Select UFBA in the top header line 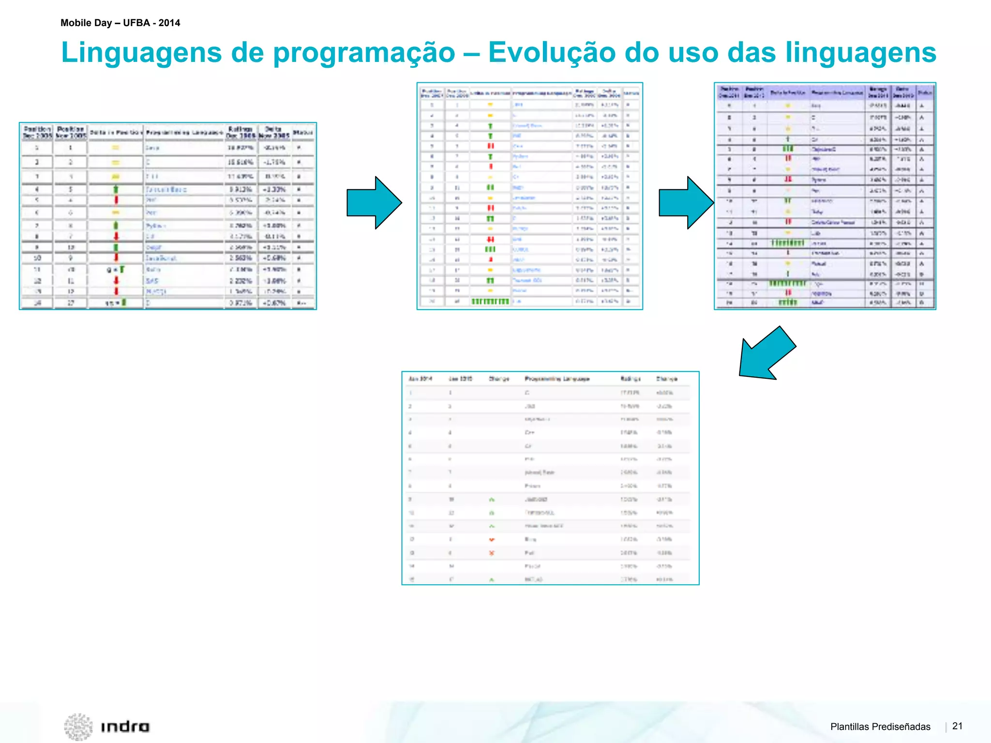tap(136, 23)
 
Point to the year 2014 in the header tap(169, 23)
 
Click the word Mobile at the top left tap(77, 23)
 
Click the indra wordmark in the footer tap(125, 727)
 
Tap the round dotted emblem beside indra tap(78, 727)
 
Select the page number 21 tap(957, 726)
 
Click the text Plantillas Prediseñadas tap(880, 727)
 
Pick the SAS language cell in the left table tap(152, 281)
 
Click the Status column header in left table tap(303, 132)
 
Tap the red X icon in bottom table tap(492, 552)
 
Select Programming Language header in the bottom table tap(557, 379)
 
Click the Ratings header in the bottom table tap(630, 379)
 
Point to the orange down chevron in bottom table tap(492, 539)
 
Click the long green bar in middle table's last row tap(490, 301)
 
